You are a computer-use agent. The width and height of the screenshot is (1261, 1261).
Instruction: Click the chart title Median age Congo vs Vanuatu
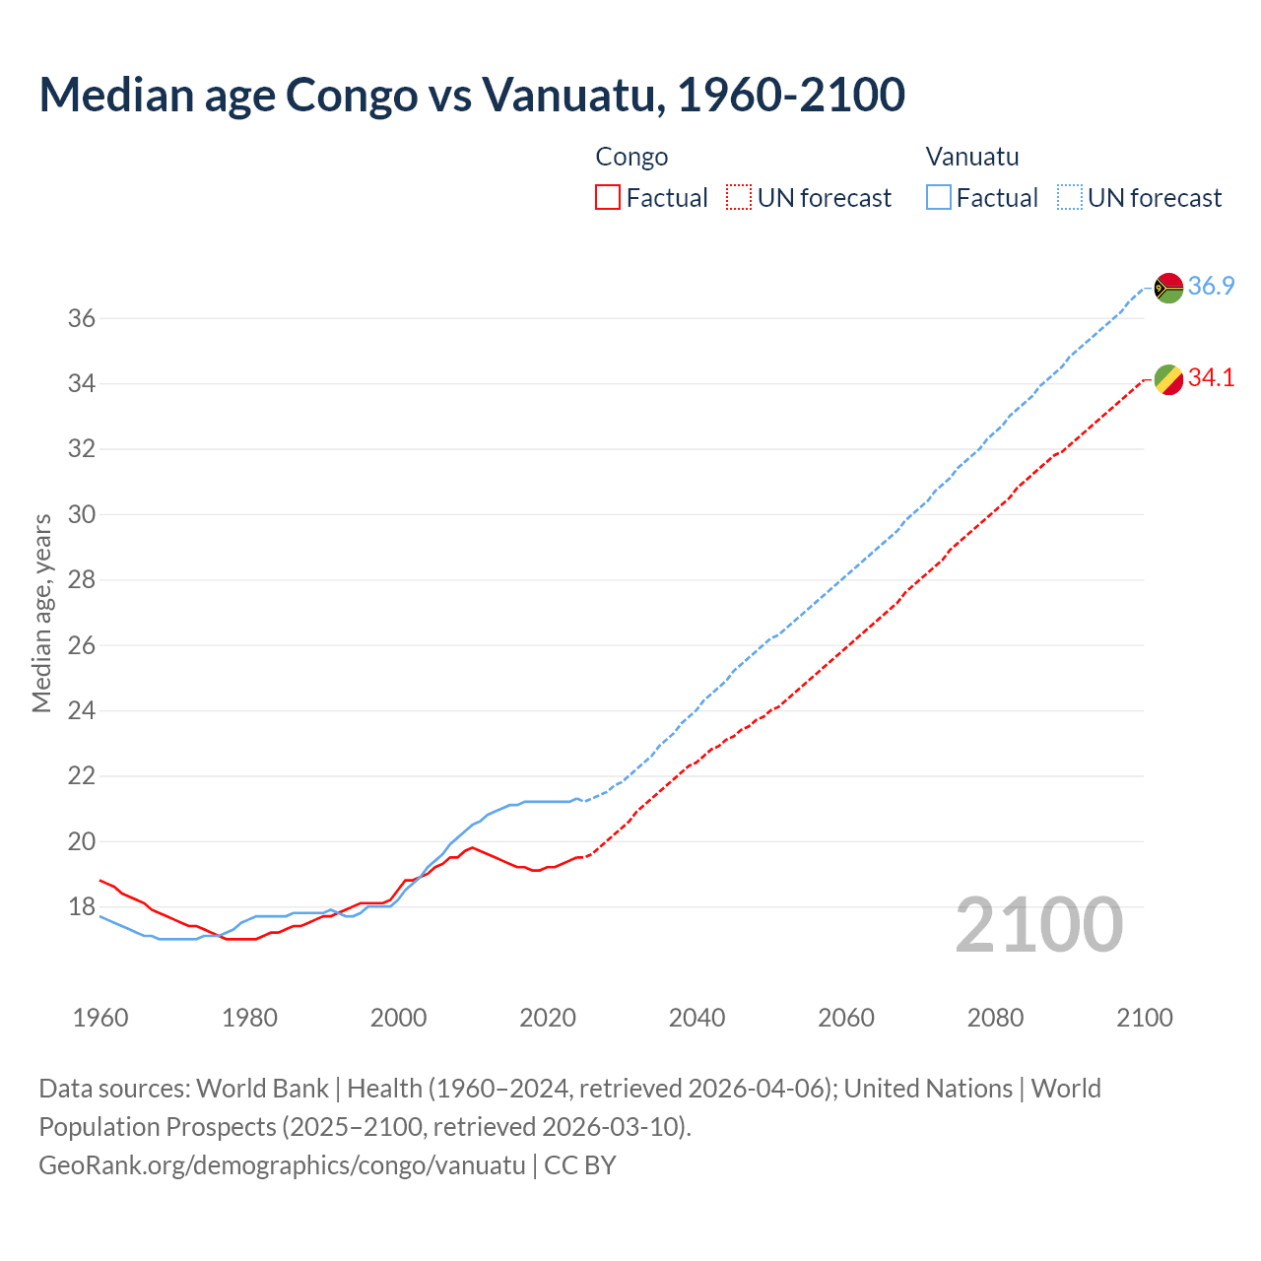471,95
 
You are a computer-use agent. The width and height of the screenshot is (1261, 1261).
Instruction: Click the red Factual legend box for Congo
608,197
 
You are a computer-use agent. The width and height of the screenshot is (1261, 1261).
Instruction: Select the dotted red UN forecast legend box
739,197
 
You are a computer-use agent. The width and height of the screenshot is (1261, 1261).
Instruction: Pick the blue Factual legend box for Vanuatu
939,197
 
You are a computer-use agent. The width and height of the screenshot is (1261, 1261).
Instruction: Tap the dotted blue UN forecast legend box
1070,197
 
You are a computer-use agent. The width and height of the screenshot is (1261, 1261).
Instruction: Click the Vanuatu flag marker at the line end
1168,288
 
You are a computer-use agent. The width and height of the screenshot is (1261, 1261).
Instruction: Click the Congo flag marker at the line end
1168,379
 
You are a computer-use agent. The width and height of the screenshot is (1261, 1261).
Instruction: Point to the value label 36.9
1211,287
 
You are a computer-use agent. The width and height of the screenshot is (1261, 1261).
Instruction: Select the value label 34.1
1211,378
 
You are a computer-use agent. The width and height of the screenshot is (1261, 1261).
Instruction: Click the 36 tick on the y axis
81,318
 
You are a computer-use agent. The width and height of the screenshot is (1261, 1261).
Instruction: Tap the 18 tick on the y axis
81,906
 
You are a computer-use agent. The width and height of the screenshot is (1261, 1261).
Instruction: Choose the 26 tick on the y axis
81,645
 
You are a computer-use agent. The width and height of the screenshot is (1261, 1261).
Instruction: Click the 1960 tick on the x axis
100,1018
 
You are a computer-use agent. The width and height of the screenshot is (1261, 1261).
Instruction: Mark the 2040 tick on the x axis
697,1018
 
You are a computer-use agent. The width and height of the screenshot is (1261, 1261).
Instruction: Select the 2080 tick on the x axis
995,1018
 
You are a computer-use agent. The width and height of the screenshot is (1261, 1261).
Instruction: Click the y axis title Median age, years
41,613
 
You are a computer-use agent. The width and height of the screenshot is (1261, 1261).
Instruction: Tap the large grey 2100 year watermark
1038,925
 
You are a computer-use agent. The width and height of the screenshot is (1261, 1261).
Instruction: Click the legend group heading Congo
631,157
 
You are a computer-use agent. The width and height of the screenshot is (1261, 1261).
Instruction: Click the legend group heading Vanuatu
972,157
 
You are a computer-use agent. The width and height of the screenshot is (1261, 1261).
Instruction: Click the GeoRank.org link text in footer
282,1165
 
